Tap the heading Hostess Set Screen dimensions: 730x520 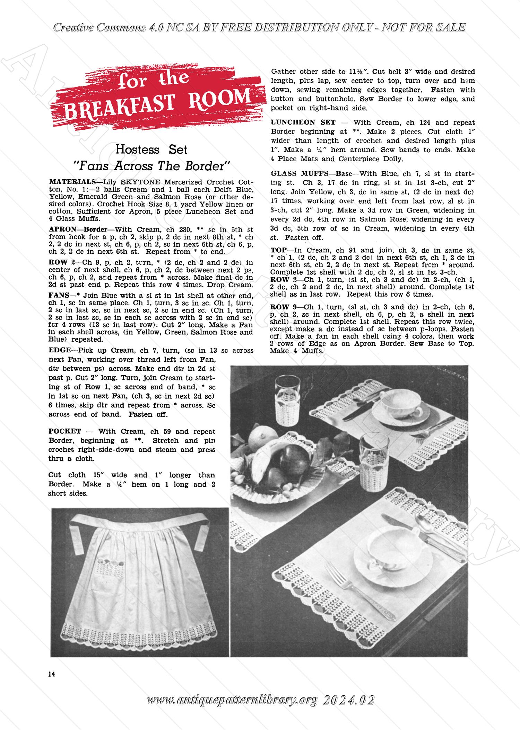coord(151,150)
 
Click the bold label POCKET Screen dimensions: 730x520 coord(65,431)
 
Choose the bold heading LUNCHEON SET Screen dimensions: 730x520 coord(303,122)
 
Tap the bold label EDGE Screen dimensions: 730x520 coord(60,351)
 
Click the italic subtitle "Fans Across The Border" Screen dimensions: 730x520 coord(151,166)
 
